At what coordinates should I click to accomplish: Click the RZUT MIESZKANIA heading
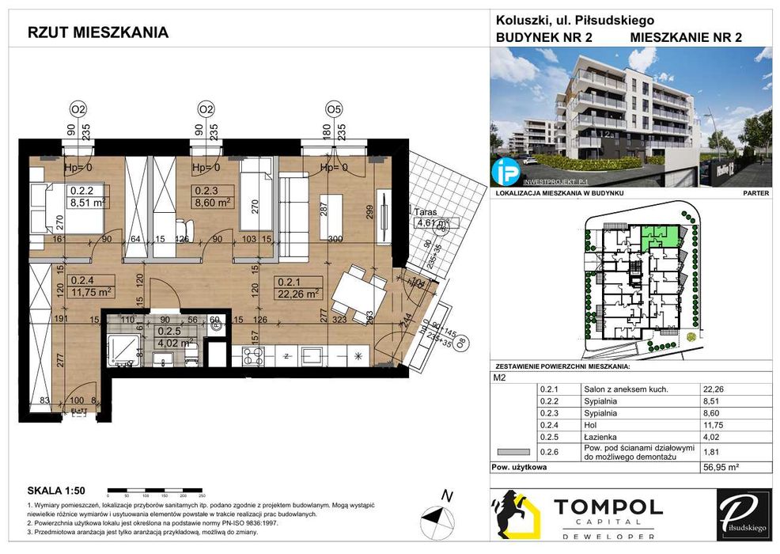coord(97,32)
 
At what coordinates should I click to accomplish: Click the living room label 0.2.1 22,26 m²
coord(297,285)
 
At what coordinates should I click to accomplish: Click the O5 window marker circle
coord(333,109)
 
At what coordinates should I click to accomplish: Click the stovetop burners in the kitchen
coord(252,356)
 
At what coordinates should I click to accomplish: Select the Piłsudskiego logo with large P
coord(743,515)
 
